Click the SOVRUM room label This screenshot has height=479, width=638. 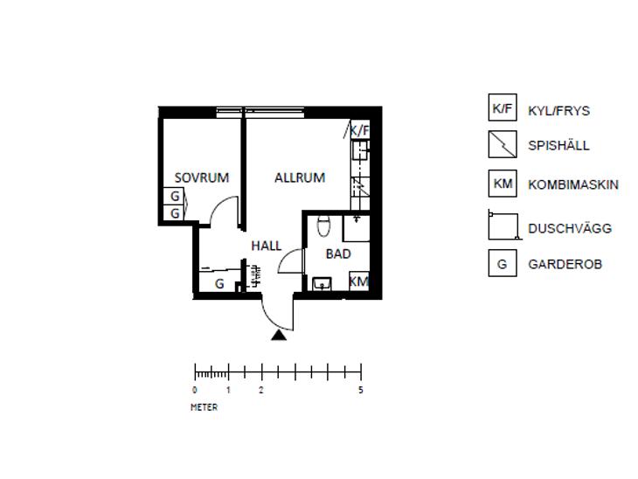click(201, 177)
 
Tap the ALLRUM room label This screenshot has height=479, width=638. click(300, 177)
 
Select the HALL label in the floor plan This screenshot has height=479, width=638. click(266, 246)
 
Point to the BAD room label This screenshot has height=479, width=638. click(338, 254)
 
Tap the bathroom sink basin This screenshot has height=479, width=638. click(322, 284)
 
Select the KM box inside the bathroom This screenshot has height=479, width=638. click(359, 281)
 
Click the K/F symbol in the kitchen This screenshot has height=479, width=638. click(360, 130)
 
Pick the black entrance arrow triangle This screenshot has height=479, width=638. click(279, 336)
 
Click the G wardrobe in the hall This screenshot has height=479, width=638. click(219, 284)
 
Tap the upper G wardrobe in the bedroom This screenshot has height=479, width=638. click(175, 196)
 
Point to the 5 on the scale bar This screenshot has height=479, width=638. click(360, 391)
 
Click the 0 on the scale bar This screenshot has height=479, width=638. click(195, 391)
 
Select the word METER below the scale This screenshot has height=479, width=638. click(204, 407)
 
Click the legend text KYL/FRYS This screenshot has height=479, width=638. click(558, 111)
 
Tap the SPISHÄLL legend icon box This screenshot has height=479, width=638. click(503, 144)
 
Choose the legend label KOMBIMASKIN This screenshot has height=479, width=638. click(573, 184)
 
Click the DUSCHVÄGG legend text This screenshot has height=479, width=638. click(570, 228)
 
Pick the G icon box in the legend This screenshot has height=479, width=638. click(503, 263)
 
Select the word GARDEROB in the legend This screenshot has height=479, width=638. click(565, 264)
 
